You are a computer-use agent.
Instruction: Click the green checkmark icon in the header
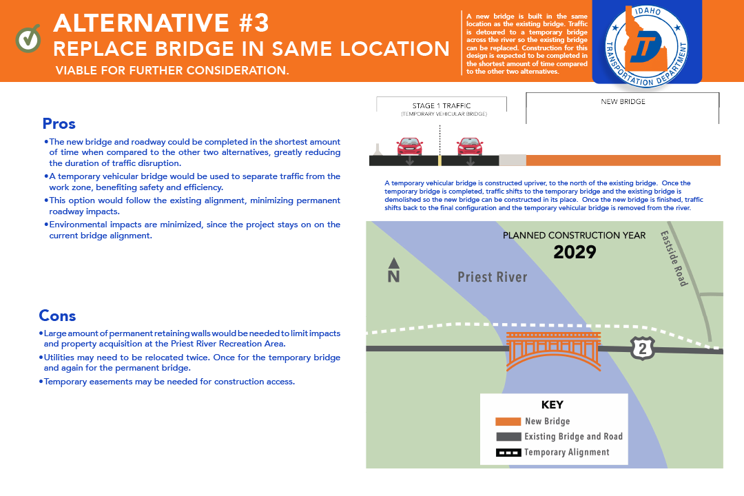pyautogui.click(x=28, y=39)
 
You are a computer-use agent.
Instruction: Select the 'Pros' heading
pyautogui.click(x=59, y=124)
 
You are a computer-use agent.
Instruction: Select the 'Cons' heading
pyautogui.click(x=57, y=316)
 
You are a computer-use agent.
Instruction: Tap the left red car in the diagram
pyautogui.click(x=409, y=147)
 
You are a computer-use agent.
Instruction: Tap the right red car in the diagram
pyautogui.click(x=470, y=147)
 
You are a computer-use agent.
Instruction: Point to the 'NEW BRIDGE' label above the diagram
pyautogui.click(x=623, y=102)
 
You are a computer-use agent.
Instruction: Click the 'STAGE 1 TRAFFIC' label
pyautogui.click(x=442, y=106)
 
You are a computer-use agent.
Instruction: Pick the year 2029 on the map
pyautogui.click(x=575, y=252)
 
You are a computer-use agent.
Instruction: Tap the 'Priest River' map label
pyautogui.click(x=493, y=277)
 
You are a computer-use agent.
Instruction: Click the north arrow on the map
pyautogui.click(x=393, y=270)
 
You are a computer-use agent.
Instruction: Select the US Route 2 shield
pyautogui.click(x=643, y=349)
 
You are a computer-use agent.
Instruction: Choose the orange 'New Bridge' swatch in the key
pyautogui.click(x=508, y=421)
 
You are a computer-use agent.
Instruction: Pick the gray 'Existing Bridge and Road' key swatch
pyautogui.click(x=508, y=437)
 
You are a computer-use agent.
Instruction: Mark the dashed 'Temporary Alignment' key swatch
pyautogui.click(x=508, y=453)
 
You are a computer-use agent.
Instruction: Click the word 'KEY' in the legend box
pyautogui.click(x=552, y=405)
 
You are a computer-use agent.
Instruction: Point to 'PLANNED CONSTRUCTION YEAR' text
pyautogui.click(x=574, y=236)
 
